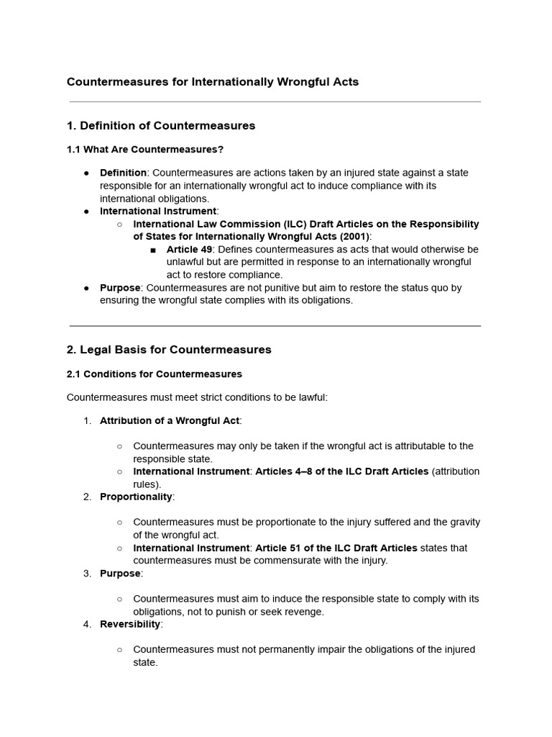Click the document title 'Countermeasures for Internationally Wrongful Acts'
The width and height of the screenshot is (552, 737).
point(213,82)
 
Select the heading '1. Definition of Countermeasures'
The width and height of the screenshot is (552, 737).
point(161,126)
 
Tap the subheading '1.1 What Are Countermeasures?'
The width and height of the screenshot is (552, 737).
point(145,150)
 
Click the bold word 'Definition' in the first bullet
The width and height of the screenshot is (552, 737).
point(123,173)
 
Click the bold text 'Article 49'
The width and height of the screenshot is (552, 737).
point(189,249)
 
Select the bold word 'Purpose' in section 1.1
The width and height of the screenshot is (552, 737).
point(120,288)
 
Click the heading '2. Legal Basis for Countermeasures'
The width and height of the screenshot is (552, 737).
point(169,350)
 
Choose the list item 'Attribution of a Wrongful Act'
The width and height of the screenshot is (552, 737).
point(169,420)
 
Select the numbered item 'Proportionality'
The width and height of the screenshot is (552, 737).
point(136,497)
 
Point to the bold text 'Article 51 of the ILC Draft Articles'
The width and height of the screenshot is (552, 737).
point(336,548)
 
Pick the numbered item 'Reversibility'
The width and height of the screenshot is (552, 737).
point(130,624)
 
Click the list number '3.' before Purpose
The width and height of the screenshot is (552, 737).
point(87,574)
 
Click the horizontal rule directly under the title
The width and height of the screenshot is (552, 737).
point(275,102)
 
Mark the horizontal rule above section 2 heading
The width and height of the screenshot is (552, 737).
point(275,326)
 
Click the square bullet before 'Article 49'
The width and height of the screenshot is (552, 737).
point(153,250)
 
